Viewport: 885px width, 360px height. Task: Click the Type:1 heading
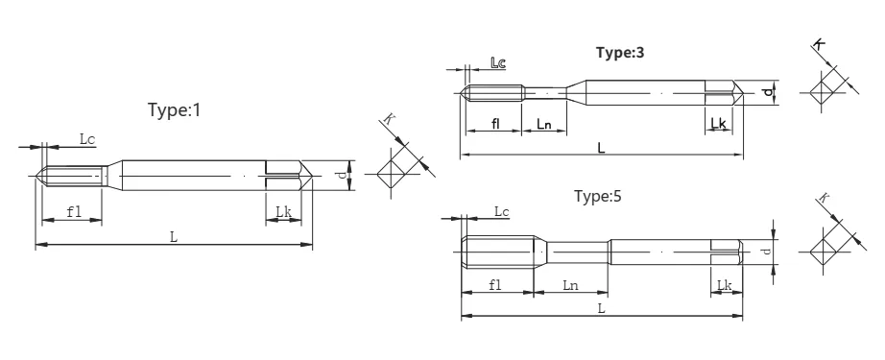coord(174,109)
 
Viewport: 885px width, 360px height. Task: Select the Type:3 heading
coord(620,53)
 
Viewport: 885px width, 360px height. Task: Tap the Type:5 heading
coord(598,197)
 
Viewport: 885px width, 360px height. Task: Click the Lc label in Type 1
coord(87,139)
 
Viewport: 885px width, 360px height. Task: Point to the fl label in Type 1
coord(74,211)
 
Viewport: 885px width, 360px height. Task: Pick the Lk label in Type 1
coord(283,211)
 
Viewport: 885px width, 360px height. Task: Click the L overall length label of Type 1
coord(174,237)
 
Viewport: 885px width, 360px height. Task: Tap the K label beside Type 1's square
coord(389,118)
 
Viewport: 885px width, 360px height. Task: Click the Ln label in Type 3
coord(543,124)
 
